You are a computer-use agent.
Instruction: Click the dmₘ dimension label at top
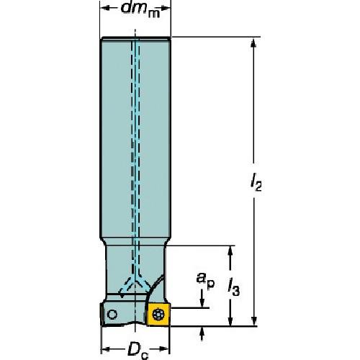[140, 9]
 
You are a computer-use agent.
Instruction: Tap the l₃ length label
[233, 288]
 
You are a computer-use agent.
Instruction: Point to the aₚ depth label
[205, 283]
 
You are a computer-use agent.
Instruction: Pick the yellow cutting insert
[159, 314]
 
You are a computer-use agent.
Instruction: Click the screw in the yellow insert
[158, 315]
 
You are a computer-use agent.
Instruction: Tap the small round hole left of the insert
[112, 314]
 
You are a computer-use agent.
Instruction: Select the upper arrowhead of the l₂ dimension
[254, 43]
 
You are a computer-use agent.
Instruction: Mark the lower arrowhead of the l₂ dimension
[254, 320]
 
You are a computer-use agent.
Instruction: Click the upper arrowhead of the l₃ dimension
[230, 252]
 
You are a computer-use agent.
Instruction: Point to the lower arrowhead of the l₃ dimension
[230, 320]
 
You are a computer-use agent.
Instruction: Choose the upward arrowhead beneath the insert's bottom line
[202, 332]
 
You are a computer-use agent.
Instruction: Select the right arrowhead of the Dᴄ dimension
[164, 348]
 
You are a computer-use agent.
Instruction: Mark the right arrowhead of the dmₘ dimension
[165, 8]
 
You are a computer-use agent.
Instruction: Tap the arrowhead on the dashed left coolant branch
[121, 293]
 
